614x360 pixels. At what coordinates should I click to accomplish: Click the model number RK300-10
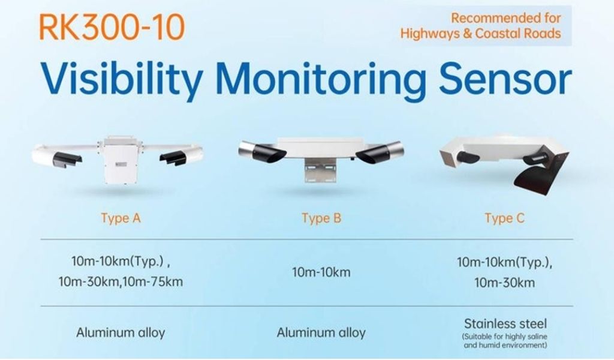[x=112, y=27]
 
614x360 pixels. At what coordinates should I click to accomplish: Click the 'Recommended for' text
[x=506, y=17]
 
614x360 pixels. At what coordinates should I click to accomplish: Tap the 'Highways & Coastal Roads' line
[x=480, y=33]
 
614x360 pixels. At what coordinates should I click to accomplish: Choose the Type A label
[x=121, y=218]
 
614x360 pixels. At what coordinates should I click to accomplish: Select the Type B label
[x=321, y=218]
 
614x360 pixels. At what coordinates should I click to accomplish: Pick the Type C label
[x=504, y=218]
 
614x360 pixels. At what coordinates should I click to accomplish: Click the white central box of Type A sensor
[x=119, y=161]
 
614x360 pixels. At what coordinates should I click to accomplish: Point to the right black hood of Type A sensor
[x=174, y=157]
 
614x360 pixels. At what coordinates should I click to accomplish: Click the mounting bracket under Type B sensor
[x=320, y=171]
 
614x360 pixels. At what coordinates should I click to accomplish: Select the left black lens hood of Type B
[x=270, y=153]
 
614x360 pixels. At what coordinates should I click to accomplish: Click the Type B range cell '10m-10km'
[x=321, y=272]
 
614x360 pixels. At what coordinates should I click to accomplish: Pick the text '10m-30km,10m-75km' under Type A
[x=121, y=281]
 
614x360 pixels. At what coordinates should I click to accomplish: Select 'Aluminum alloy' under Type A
[x=121, y=332]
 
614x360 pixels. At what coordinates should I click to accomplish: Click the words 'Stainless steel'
[x=505, y=323]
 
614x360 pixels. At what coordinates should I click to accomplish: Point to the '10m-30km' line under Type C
[x=504, y=283]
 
